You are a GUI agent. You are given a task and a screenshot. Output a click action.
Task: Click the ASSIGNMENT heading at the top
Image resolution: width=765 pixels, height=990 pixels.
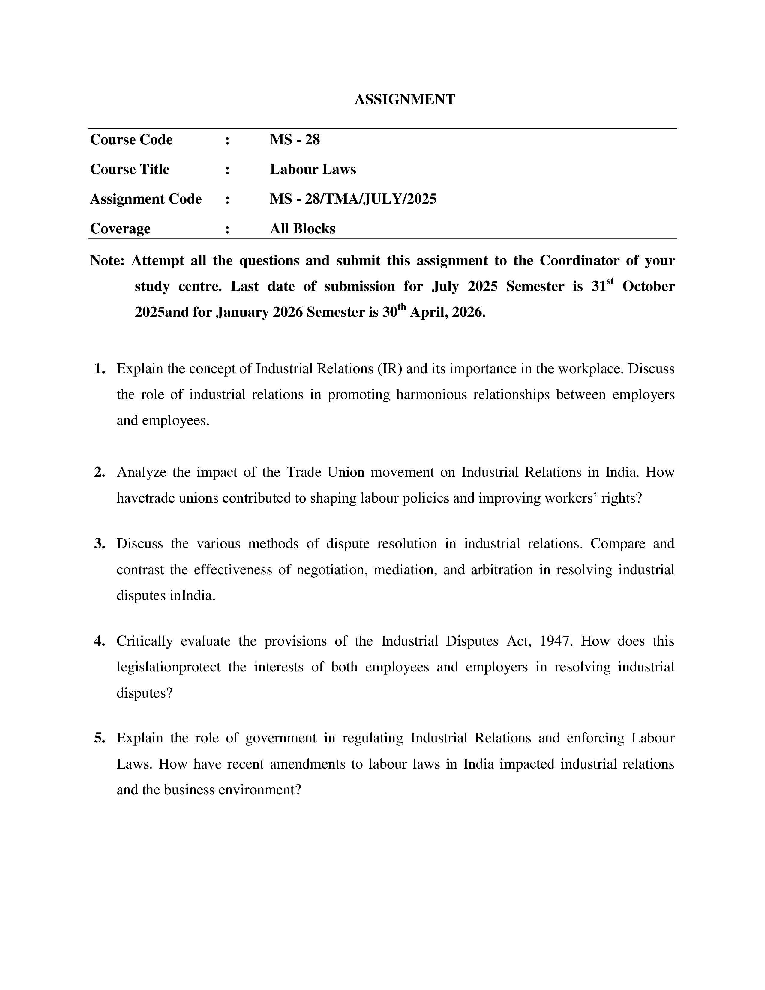pyautogui.click(x=404, y=99)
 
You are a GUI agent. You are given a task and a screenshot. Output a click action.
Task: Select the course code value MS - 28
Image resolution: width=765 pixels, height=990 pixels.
pyautogui.click(x=295, y=139)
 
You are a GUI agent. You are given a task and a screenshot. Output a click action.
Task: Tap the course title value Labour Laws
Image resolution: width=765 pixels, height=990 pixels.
pyautogui.click(x=313, y=169)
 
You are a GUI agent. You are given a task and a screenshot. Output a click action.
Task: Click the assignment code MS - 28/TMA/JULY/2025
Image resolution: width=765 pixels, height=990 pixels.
pyautogui.click(x=353, y=199)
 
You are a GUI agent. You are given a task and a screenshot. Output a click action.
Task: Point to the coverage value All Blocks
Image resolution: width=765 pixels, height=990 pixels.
pyautogui.click(x=302, y=229)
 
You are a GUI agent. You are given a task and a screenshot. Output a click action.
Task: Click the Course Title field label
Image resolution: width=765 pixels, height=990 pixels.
pyautogui.click(x=130, y=169)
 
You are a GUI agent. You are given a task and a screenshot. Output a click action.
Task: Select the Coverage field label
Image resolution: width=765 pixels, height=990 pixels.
pyautogui.click(x=120, y=229)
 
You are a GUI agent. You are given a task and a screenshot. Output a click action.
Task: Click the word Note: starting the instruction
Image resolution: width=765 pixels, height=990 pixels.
pyautogui.click(x=107, y=261)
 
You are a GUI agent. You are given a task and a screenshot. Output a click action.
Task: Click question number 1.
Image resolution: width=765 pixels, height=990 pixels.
pyautogui.click(x=100, y=369)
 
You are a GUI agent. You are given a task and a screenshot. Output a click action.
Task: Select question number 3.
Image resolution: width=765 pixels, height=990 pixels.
pyautogui.click(x=100, y=544)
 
